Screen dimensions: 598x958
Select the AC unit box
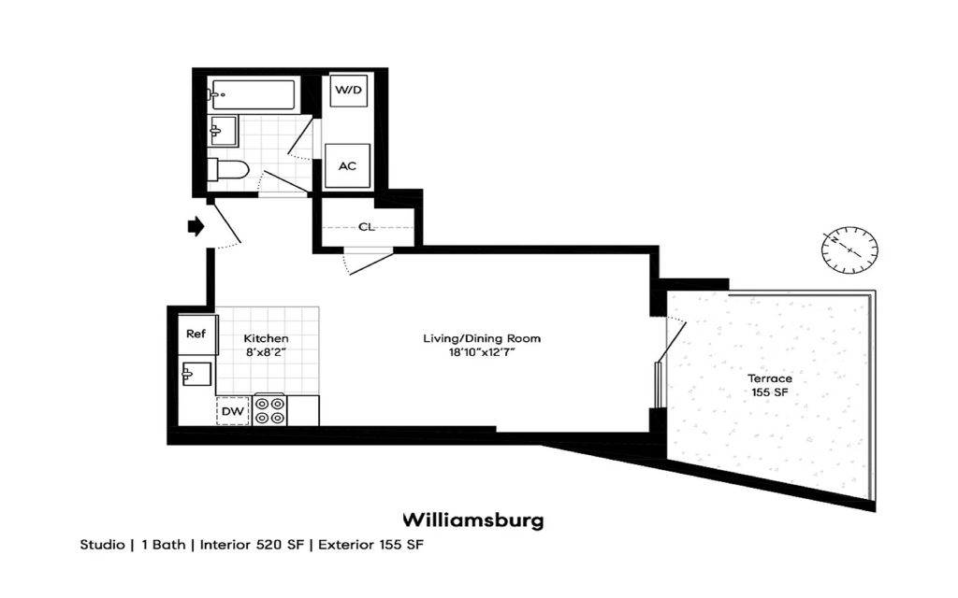pyautogui.click(x=347, y=166)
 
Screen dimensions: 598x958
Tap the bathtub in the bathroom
pyautogui.click(x=254, y=93)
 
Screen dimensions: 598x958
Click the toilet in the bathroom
pyautogui.click(x=230, y=170)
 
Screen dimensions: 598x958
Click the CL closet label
pyautogui.click(x=367, y=227)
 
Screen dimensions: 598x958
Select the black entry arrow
pyautogui.click(x=196, y=226)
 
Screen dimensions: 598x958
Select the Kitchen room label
pyautogui.click(x=266, y=338)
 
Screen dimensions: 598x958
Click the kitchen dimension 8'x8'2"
pyautogui.click(x=266, y=353)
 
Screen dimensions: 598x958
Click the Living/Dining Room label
pyautogui.click(x=482, y=338)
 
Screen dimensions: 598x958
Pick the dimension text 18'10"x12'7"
pyautogui.click(x=482, y=353)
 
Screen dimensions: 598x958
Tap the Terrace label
pyautogui.click(x=769, y=378)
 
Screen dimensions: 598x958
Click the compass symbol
pyautogui.click(x=849, y=249)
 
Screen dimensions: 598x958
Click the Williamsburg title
pyautogui.click(x=472, y=520)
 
